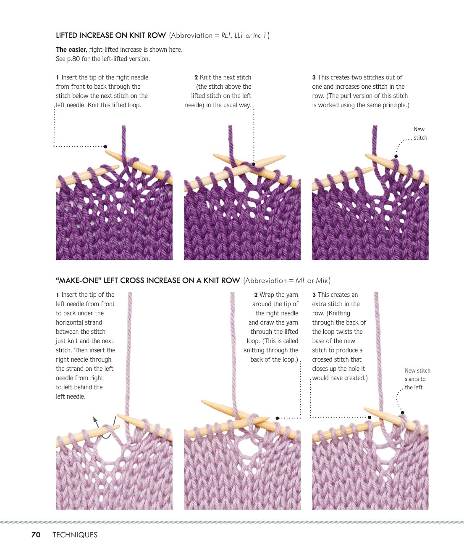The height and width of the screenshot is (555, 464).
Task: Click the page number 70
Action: click(36, 534)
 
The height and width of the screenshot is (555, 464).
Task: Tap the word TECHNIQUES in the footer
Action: click(75, 534)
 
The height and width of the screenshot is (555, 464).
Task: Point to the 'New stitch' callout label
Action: click(420, 133)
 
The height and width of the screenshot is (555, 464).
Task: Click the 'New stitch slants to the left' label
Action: click(417, 379)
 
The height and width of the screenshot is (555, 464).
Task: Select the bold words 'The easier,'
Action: click(71, 50)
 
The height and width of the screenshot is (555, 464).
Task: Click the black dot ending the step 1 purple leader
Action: click(105, 147)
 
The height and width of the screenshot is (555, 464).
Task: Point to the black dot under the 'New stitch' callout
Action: click(396, 156)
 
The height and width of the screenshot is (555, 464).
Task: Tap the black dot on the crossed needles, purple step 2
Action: click(254, 164)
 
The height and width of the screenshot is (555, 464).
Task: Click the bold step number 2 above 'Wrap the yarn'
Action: click(256, 295)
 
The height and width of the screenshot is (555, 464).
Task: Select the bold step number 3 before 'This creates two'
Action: click(314, 77)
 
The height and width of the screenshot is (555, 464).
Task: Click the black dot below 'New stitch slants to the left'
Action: click(402, 412)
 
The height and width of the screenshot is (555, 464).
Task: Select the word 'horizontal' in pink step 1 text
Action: click(79, 322)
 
